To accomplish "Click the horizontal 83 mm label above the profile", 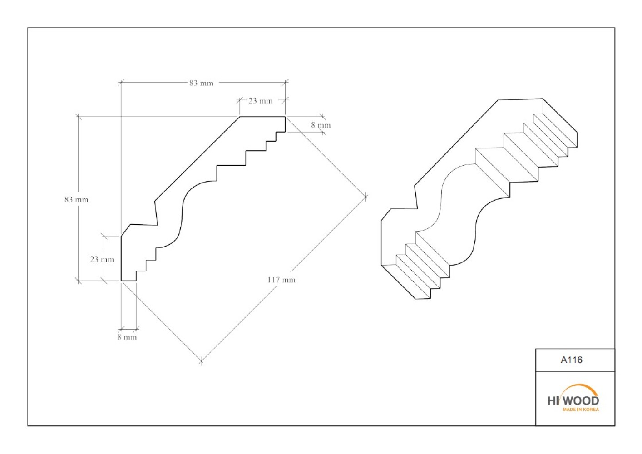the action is [201, 83].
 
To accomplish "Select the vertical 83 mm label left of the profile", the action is [77, 199].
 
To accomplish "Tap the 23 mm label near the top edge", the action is [260, 101].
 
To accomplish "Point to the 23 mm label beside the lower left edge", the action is [102, 259].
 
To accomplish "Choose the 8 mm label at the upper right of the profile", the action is [321, 125].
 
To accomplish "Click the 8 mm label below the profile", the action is [127, 337].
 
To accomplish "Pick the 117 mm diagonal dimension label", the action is [281, 280].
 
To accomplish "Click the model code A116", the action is [572, 360].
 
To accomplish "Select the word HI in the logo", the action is [553, 401].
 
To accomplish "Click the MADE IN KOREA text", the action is [581, 410].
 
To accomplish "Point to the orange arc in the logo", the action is [579, 386].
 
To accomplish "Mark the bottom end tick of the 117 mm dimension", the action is [202, 361].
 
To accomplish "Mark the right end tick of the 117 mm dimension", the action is [365, 197].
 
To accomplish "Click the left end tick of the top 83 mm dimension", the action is [121, 83].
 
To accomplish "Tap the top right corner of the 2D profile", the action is [286, 117].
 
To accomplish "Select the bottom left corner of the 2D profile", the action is [121, 281].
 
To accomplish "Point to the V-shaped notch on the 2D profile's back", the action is [158, 225].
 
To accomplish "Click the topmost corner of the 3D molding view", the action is [543, 99].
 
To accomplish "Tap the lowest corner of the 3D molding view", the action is [415, 299].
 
